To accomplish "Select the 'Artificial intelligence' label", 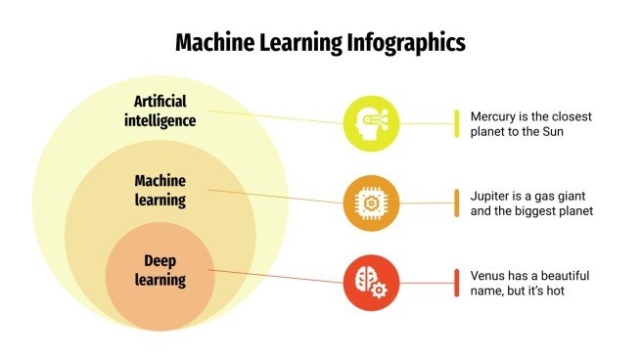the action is (x=160, y=112).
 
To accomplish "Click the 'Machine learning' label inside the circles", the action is (x=160, y=191).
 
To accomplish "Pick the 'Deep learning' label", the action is (x=160, y=270).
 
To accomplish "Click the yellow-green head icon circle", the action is (x=371, y=123).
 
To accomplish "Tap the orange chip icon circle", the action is (x=371, y=202).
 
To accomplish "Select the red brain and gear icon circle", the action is (x=371, y=282).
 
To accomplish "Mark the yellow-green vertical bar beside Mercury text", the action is (x=456, y=123).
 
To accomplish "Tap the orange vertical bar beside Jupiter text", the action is (x=456, y=202).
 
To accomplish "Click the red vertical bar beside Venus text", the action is (x=456, y=282).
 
